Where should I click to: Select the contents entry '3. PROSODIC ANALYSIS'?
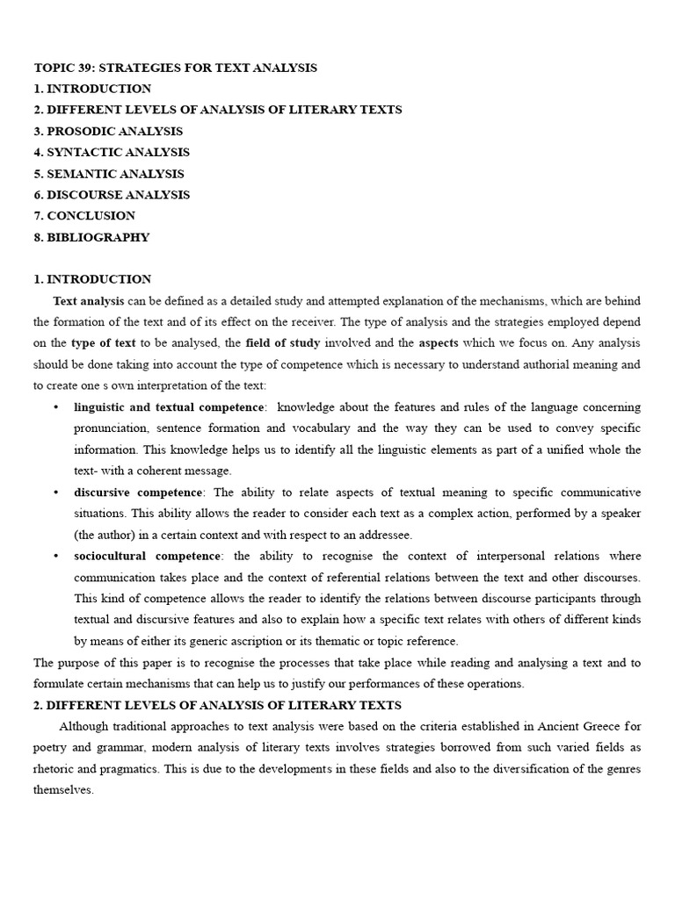(x=108, y=132)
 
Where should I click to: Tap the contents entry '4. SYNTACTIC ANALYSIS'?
(x=112, y=153)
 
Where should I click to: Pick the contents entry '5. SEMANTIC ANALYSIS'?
(x=109, y=174)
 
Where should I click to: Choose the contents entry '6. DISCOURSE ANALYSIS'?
(x=112, y=195)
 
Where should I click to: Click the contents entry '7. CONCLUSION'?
(x=84, y=216)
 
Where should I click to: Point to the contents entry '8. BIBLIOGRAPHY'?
(x=91, y=237)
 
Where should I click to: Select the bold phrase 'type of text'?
(x=104, y=342)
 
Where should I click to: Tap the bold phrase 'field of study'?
(x=283, y=342)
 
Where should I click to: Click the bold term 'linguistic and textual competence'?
(x=169, y=407)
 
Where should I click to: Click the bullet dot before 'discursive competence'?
(x=56, y=492)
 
